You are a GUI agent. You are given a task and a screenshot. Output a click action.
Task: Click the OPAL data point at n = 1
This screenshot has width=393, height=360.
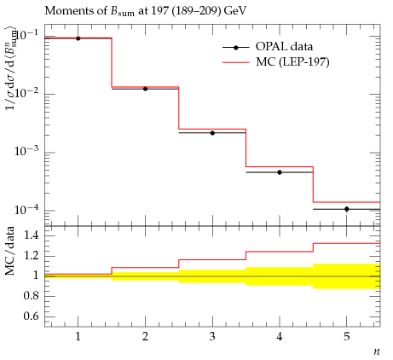tap(78, 38)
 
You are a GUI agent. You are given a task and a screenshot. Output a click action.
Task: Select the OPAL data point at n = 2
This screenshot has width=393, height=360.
tap(145, 89)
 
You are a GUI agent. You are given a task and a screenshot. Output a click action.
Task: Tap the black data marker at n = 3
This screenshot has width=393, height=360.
tap(212, 133)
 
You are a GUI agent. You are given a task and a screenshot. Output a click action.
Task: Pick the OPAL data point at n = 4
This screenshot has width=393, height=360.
tap(280, 172)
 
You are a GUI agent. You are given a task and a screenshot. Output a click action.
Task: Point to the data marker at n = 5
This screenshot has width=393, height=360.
tap(347, 209)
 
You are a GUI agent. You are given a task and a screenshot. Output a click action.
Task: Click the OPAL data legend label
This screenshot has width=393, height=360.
tap(284, 46)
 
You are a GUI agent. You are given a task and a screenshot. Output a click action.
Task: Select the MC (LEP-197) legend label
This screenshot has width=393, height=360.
tap(292, 61)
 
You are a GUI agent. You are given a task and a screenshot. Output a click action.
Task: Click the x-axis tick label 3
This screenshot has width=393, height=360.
tap(212, 337)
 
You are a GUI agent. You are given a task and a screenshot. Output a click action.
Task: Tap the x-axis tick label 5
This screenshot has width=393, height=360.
tap(347, 337)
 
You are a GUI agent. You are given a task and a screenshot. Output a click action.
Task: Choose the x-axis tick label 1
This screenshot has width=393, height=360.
tap(78, 337)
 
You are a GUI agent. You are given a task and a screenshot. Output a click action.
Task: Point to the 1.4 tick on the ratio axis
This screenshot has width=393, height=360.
tap(31, 235)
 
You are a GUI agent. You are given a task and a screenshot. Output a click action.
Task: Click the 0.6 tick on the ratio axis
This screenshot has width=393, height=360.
tap(31, 316)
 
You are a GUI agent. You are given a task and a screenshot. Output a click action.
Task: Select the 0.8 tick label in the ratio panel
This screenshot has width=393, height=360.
tap(31, 296)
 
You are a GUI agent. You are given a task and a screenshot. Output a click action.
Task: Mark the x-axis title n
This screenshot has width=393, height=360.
tap(377, 351)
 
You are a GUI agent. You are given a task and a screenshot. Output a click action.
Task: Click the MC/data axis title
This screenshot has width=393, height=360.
tap(9, 251)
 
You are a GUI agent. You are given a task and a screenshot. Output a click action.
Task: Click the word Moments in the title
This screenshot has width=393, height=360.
tap(63, 11)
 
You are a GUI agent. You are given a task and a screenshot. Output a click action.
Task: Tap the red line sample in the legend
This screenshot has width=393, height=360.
tap(236, 62)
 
